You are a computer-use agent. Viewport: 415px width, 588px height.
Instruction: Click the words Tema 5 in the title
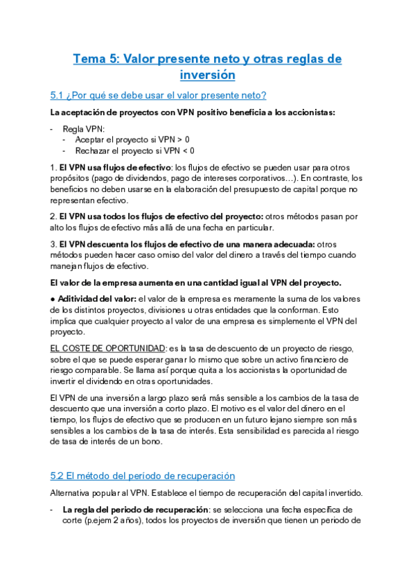tap(96, 59)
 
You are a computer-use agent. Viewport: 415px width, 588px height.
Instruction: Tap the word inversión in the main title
tap(207, 74)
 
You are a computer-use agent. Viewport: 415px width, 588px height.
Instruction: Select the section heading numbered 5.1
tap(159, 95)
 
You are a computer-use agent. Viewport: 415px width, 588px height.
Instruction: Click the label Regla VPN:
tap(84, 129)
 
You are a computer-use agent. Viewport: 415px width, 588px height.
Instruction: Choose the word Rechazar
tap(94, 150)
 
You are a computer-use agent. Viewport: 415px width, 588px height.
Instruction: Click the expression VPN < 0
tap(179, 150)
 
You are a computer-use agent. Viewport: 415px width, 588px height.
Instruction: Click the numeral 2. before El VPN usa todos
tap(53, 216)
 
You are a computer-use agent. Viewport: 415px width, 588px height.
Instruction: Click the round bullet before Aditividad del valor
tap(53, 299)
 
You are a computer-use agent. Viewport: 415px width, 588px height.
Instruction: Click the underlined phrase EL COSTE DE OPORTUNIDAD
tap(108, 347)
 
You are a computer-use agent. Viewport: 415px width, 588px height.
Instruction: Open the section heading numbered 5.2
tap(143, 476)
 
